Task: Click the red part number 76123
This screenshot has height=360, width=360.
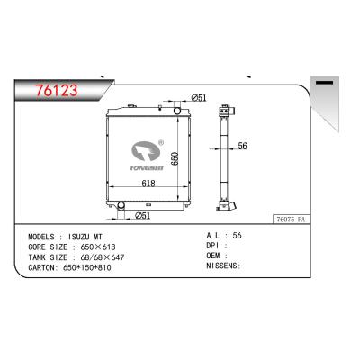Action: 57,90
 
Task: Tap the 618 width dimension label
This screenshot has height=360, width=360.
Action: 148,183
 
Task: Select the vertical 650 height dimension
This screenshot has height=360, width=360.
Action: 175,158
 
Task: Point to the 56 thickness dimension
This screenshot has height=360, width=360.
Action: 242,146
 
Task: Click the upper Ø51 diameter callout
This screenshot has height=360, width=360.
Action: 199,97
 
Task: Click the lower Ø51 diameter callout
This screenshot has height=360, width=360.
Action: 143,215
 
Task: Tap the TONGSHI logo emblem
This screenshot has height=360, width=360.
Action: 146,152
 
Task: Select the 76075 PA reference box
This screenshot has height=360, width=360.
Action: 291,220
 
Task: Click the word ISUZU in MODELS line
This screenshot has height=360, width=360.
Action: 79,237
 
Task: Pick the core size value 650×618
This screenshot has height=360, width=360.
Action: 98,247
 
